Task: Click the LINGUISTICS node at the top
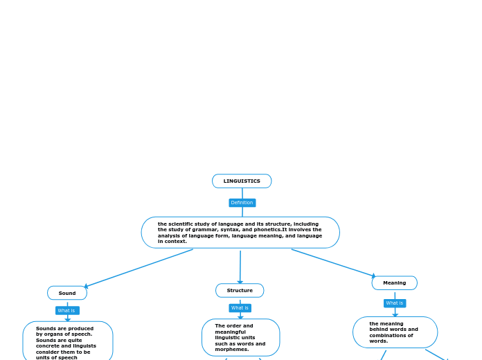coord(242,181)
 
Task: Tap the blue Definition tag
coord(242,203)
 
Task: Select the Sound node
coord(67,293)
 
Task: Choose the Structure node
coord(240,290)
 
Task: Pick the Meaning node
coord(394,282)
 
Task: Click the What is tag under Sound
coord(67,310)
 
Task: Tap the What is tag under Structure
coord(240,307)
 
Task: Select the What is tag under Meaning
coord(395,303)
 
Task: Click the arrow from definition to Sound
coord(139,268)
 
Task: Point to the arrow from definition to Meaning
coord(332,262)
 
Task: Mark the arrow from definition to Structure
coord(240,267)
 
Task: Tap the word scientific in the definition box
coord(181,224)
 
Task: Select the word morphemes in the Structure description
coord(231,350)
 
